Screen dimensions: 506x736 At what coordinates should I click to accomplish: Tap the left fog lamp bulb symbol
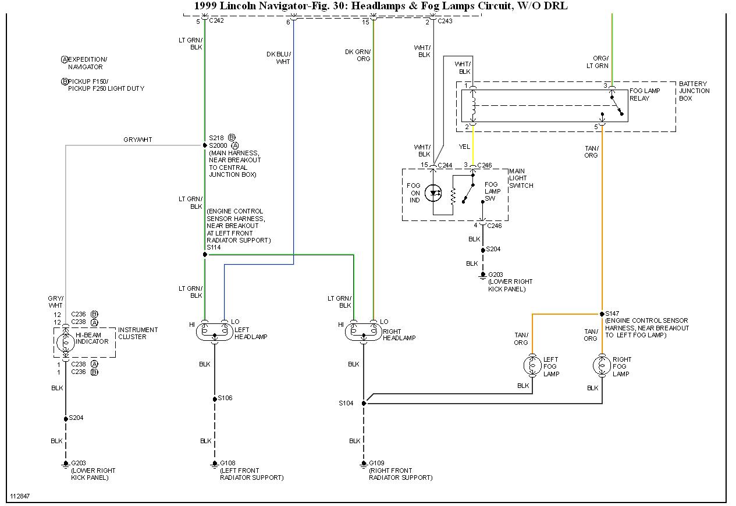[x=532, y=366]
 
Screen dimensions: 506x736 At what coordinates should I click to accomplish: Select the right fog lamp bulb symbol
[x=602, y=366]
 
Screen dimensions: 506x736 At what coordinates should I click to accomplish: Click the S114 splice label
[x=214, y=247]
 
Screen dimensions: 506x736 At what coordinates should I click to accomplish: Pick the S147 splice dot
[x=602, y=314]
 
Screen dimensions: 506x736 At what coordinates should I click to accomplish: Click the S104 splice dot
[x=364, y=403]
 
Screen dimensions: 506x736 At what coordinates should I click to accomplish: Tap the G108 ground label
[x=227, y=463]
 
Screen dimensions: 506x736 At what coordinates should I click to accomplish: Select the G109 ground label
[x=377, y=463]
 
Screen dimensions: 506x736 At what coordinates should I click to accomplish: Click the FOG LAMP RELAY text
[x=645, y=95]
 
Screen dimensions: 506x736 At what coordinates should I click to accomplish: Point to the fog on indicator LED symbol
[x=433, y=194]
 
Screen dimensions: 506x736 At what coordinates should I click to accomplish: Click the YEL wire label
[x=464, y=147]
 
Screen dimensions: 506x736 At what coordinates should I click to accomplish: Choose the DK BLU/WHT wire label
[x=279, y=58]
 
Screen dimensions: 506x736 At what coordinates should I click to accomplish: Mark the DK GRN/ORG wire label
[x=358, y=55]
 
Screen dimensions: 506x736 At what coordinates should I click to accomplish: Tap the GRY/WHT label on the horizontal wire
[x=138, y=140]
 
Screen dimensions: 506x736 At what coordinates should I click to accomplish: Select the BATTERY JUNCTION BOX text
[x=694, y=91]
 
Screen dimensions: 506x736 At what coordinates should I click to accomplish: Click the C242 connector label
[x=217, y=21]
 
